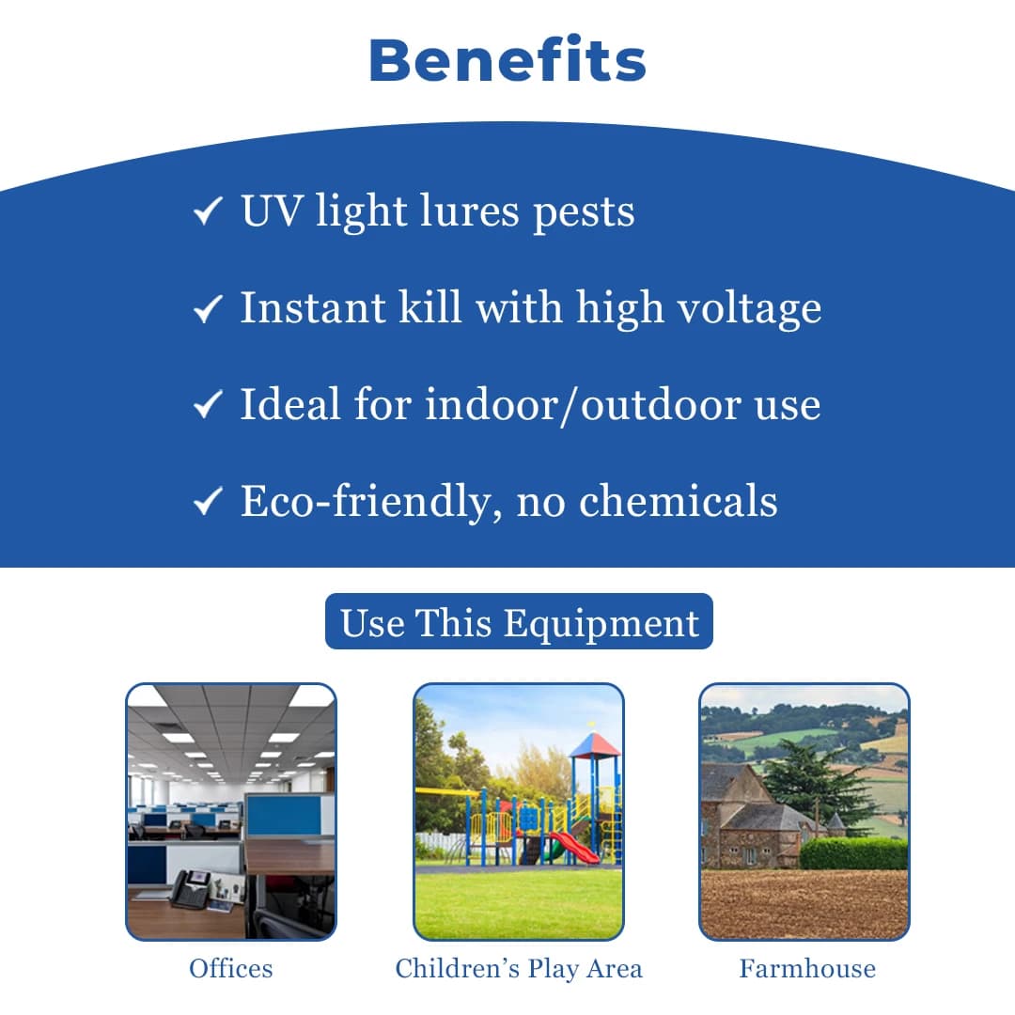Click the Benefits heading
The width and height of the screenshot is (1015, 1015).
[x=507, y=59]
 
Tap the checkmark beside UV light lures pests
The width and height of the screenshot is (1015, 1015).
[x=208, y=211]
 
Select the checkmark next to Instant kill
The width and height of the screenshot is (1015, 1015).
[x=208, y=308]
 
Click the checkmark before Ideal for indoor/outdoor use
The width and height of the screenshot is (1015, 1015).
[x=208, y=404]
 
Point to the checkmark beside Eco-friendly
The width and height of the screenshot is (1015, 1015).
[x=208, y=501]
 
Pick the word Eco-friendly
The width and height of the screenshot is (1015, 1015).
[x=370, y=502]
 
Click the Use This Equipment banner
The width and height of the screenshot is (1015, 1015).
[x=519, y=621]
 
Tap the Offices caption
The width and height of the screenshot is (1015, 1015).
[x=231, y=968]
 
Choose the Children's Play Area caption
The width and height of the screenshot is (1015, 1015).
[x=519, y=969]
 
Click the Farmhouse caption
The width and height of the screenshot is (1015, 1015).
[x=807, y=968]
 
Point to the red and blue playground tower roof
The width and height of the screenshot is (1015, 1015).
[x=594, y=745]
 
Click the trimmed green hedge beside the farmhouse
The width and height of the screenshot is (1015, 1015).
[x=853, y=853]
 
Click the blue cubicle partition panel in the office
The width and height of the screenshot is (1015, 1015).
[x=284, y=815]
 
